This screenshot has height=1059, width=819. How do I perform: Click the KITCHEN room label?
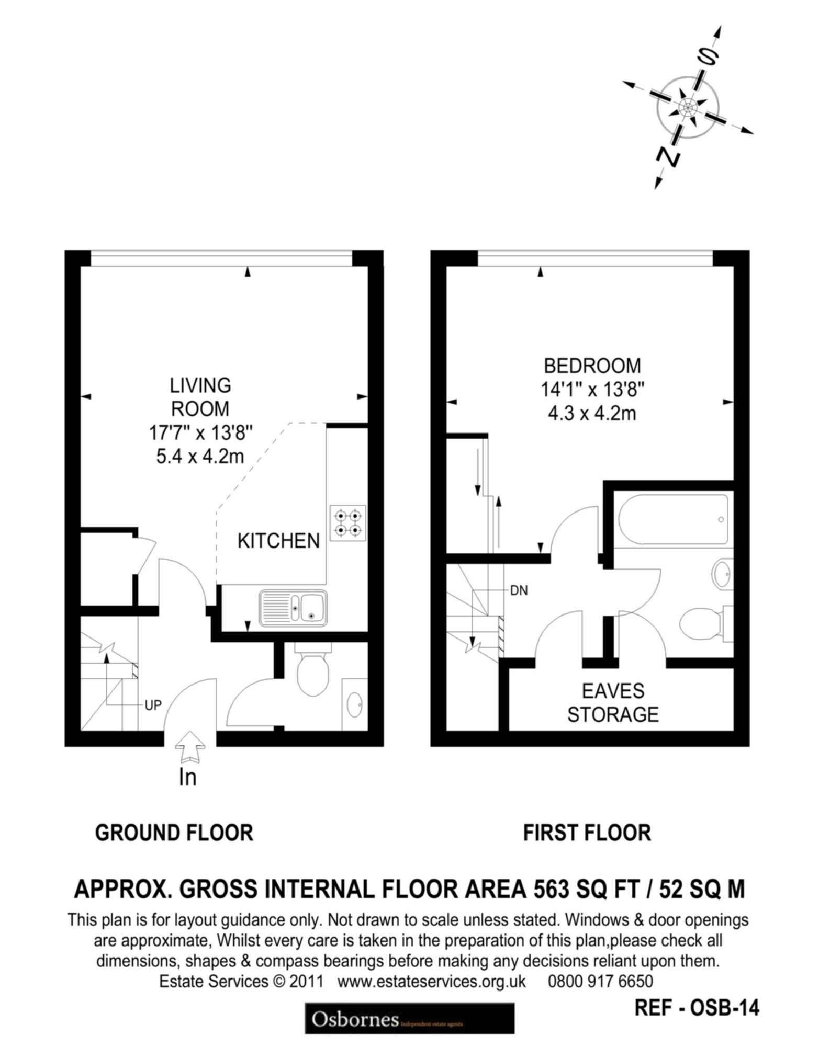click(278, 541)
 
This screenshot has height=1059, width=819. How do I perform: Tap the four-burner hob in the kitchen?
click(347, 523)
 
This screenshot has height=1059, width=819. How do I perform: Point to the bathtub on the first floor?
click(673, 520)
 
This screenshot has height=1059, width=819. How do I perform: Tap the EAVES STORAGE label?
click(613, 702)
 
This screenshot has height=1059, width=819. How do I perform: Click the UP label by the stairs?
click(153, 705)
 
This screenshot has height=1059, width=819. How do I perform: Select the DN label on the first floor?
click(519, 591)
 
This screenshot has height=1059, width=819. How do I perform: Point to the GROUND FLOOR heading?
click(174, 833)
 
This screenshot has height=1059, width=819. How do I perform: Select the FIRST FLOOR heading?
click(587, 833)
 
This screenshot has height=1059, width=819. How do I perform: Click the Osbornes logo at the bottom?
click(409, 1018)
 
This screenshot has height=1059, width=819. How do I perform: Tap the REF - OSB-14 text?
click(697, 1007)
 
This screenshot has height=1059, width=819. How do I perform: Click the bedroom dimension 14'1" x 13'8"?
click(592, 390)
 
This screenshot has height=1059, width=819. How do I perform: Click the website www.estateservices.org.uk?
click(432, 981)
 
